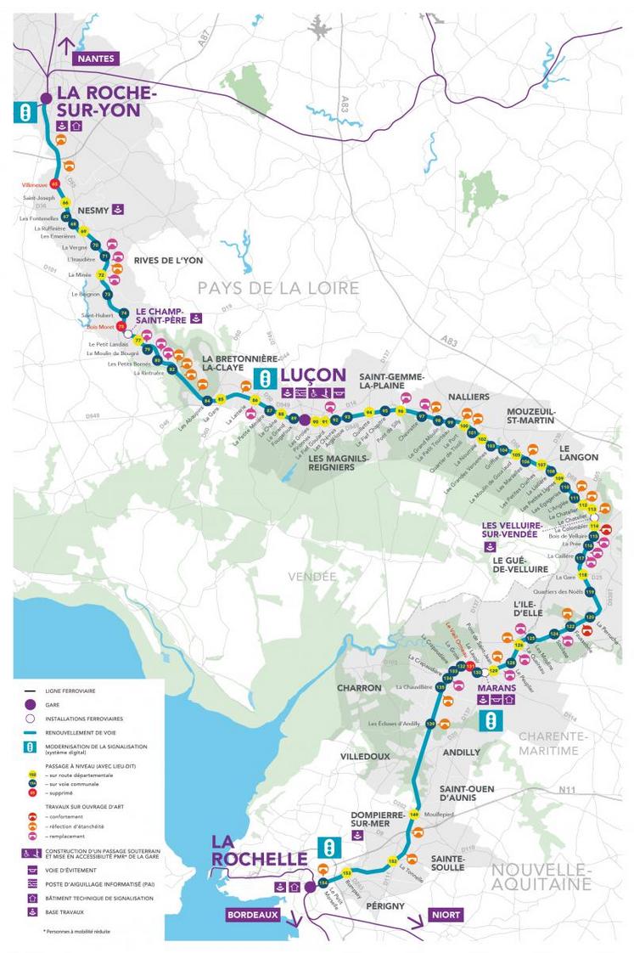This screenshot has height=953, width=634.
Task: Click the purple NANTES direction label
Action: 96,59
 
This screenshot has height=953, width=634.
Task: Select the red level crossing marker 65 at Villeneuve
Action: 55,183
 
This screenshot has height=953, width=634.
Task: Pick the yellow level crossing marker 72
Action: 102,275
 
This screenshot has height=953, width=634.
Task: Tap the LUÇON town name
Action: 313,375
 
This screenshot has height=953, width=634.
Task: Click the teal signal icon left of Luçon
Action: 265,377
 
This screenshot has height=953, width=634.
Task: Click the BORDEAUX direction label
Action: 252,915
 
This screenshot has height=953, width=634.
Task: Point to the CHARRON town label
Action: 360,687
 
